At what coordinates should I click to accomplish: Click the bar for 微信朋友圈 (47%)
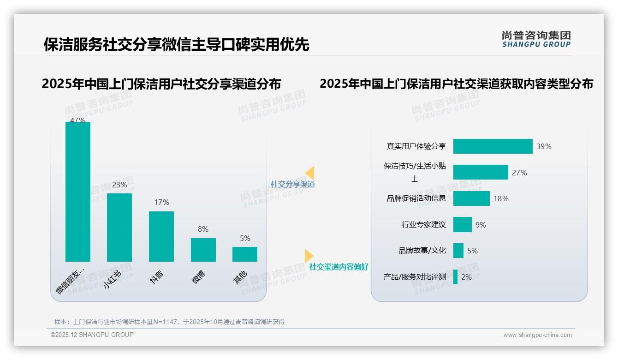point(77,192)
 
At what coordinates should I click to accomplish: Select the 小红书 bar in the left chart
point(119,227)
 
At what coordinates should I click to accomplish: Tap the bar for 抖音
point(161,236)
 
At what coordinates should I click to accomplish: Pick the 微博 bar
point(203,250)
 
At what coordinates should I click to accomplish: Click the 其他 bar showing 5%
point(245,254)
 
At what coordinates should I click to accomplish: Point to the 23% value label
point(119,185)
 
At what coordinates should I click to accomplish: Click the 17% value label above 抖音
point(161,203)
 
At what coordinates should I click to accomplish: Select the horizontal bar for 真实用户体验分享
point(493,146)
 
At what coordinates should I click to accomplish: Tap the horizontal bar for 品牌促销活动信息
point(471,198)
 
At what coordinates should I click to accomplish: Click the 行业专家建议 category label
point(424,225)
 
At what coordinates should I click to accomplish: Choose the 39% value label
point(544,147)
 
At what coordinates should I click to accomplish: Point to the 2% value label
point(466,277)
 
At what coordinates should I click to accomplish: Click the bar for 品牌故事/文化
point(458,251)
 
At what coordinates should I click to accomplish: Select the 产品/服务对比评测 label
point(415,277)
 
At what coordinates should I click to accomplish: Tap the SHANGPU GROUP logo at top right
point(536,39)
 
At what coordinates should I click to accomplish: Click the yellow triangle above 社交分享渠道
point(310,173)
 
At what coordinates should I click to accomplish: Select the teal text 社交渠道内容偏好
point(339,267)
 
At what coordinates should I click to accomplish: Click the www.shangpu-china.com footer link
point(537,335)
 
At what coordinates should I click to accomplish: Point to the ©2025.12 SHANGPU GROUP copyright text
point(92,335)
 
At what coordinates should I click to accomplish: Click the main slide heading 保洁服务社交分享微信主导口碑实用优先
point(176,44)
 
